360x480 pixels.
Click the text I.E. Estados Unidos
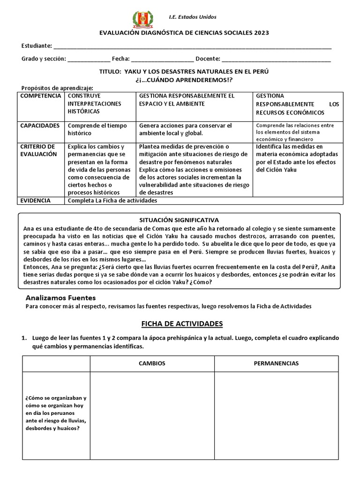[193, 17]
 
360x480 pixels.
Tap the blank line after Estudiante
[192, 47]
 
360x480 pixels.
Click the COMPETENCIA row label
[40, 96]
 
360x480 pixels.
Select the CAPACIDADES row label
[40, 126]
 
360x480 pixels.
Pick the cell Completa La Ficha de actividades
[112, 201]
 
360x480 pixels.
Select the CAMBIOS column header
[152, 363]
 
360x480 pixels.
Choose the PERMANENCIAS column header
[276, 363]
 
